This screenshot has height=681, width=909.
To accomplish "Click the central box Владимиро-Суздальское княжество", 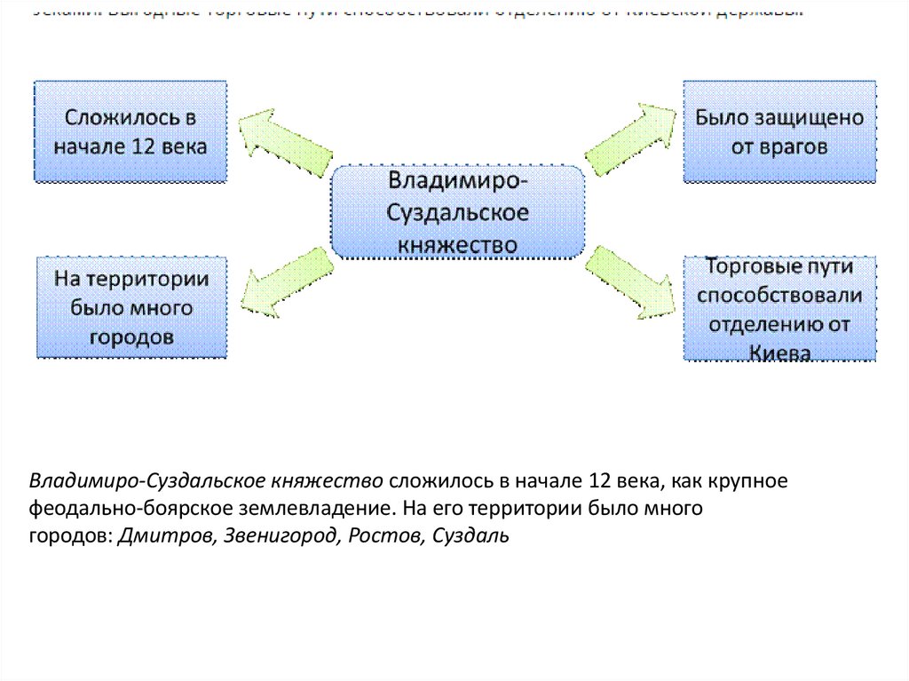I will click(x=458, y=211).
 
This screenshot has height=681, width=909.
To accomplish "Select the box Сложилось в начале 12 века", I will click(x=130, y=131).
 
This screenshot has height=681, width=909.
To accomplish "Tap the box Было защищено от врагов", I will click(x=779, y=131).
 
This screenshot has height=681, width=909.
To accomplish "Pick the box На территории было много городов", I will click(x=131, y=307).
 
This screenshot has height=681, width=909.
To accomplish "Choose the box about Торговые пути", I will click(x=779, y=307).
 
